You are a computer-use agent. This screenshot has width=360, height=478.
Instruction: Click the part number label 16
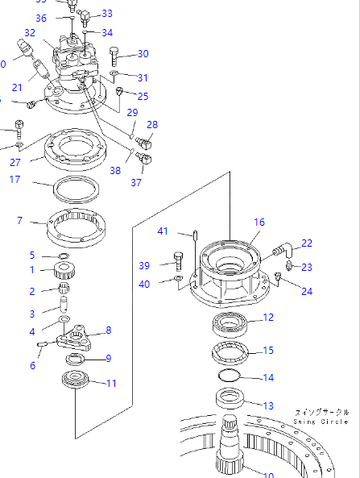(259, 222)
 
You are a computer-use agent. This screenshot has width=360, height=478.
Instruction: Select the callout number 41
(163, 232)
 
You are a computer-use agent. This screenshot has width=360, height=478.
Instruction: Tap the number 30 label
(143, 54)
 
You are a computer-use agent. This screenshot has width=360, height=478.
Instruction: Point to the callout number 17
(14, 180)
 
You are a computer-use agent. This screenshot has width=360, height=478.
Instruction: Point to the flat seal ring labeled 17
(76, 191)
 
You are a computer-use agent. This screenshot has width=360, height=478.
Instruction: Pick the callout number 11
(111, 384)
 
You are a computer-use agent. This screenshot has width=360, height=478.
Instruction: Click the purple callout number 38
(115, 170)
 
